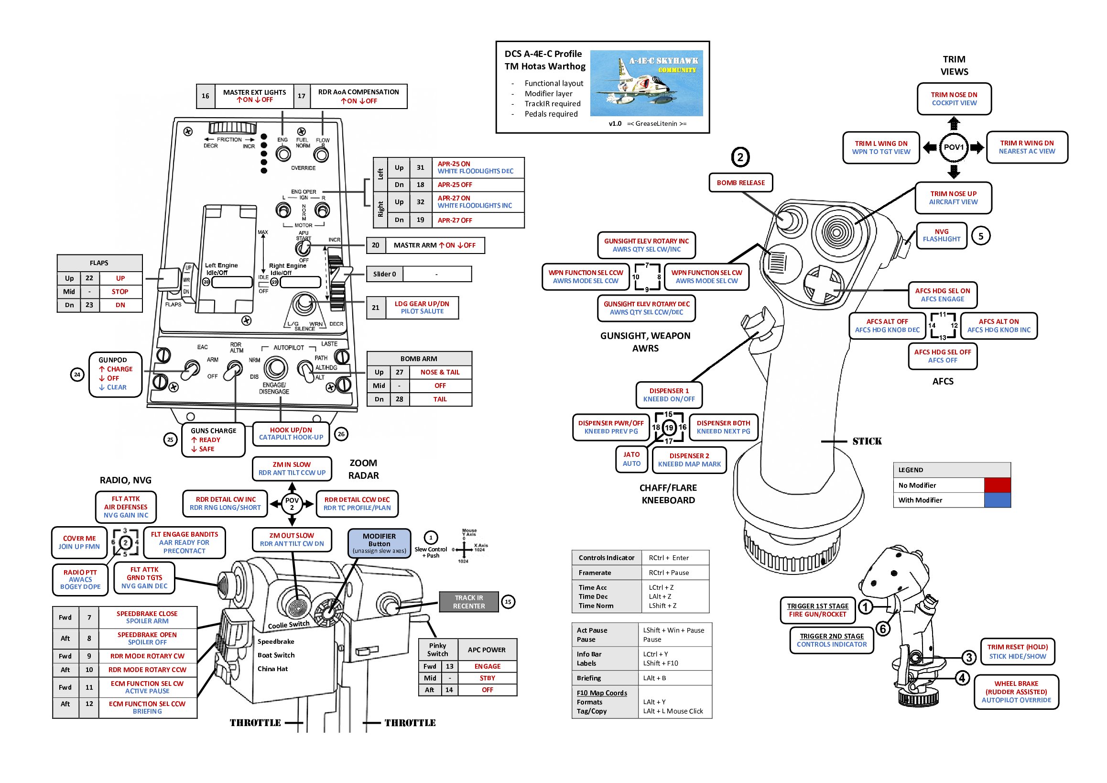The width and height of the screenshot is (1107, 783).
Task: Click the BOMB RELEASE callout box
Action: coord(740,183)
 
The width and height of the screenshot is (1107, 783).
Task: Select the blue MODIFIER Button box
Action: coord(379,543)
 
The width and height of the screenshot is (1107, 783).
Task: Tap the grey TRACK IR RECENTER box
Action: coord(468,602)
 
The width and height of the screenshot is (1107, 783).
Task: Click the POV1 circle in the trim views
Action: coord(953,147)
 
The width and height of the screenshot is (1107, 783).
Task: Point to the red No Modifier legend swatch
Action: coord(997,485)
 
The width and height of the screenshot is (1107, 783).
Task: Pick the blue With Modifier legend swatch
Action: coord(997,500)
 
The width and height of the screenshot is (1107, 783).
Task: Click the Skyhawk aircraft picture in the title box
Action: coord(646,83)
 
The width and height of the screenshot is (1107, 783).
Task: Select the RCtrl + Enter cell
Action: coord(674,558)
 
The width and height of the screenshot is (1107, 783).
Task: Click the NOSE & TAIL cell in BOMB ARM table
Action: coord(440,372)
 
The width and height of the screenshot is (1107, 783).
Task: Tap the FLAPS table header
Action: coord(99,263)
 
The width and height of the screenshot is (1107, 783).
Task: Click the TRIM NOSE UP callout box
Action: coord(953,198)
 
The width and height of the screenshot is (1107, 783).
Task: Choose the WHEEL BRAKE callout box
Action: coord(1016,692)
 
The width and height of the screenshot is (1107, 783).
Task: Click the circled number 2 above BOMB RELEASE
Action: coord(739,157)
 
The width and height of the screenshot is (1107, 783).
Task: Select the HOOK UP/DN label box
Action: coord(291,434)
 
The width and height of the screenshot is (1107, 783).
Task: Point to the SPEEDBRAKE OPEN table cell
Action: coord(147,638)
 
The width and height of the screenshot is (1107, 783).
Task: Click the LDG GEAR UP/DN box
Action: coord(422,307)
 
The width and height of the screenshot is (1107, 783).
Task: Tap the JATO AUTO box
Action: coord(631,459)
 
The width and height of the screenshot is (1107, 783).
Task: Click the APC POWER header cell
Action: coord(487,650)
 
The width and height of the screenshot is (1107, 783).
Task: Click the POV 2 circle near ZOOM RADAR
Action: coord(292,504)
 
